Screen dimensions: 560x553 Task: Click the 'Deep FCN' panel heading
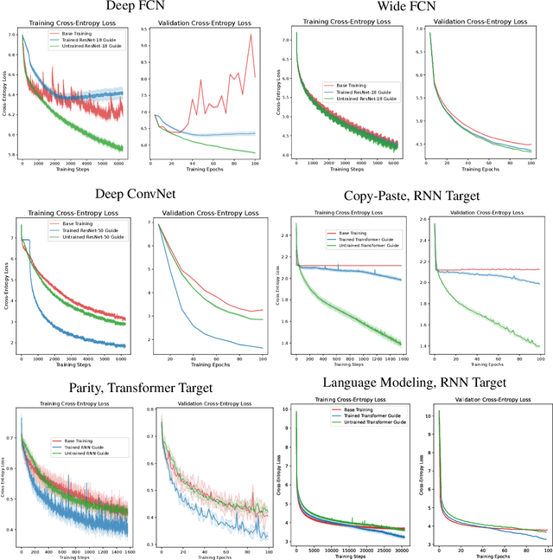pos(139,10)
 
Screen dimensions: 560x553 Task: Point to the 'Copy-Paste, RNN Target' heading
pos(413,196)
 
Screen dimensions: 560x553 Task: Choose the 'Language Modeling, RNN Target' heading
pos(414,381)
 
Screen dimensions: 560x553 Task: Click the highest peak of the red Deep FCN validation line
pos(251,35)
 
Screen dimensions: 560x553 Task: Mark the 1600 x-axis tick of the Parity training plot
pos(129,550)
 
